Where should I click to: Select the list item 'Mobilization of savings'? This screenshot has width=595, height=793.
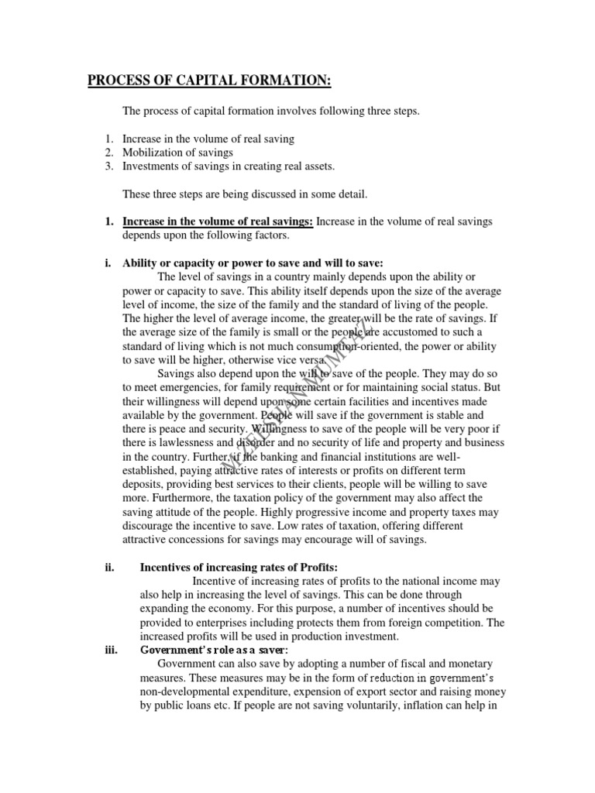point(177,153)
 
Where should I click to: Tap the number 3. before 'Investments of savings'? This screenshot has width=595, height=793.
point(109,166)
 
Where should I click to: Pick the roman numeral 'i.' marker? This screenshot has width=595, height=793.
point(108,263)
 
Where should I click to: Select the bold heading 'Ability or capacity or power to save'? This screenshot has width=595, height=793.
point(253,263)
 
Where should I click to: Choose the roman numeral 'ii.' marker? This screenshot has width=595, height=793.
point(109,567)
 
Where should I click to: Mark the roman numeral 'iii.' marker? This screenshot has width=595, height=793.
point(110,650)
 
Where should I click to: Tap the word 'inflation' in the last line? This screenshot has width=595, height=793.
point(420,705)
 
